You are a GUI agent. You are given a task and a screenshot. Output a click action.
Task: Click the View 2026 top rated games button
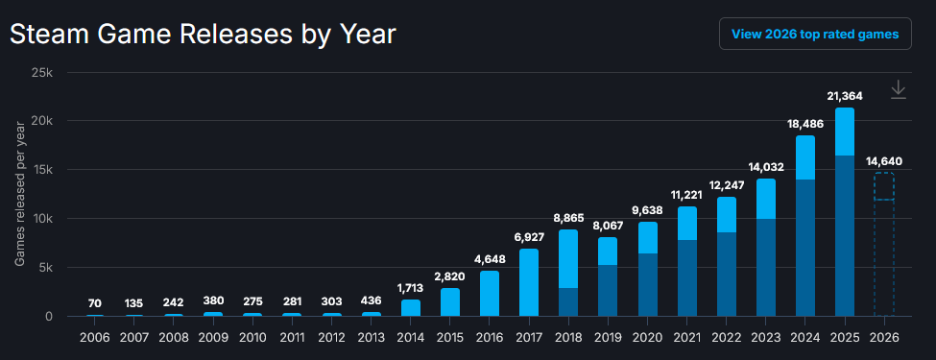[x=815, y=34]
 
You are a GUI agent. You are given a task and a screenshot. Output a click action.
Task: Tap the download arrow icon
[x=898, y=90]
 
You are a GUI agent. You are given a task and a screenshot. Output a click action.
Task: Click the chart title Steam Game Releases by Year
[x=203, y=35]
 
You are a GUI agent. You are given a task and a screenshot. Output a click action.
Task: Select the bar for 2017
[x=529, y=282]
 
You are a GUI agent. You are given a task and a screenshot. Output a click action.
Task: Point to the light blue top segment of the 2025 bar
[x=845, y=132]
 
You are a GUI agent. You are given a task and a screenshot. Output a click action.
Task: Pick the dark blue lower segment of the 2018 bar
[x=568, y=302]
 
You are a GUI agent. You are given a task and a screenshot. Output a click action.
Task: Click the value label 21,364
[x=845, y=96]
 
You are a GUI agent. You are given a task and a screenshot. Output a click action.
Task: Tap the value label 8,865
[x=568, y=218]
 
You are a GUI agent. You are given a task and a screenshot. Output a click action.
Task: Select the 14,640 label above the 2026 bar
[x=884, y=161]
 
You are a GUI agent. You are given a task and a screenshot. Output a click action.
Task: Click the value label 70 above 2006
[x=95, y=303]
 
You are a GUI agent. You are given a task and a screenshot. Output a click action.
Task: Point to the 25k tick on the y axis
[x=42, y=73]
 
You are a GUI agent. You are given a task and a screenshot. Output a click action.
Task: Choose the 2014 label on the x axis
[x=410, y=337]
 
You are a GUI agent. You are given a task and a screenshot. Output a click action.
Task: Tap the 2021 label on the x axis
[x=687, y=337]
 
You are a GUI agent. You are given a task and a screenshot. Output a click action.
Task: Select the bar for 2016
[x=490, y=294]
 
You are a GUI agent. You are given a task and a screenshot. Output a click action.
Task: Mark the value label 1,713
[x=410, y=288]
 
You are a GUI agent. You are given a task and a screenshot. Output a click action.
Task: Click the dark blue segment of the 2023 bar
[x=766, y=268]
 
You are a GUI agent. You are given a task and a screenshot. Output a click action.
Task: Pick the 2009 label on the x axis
[x=214, y=337]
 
